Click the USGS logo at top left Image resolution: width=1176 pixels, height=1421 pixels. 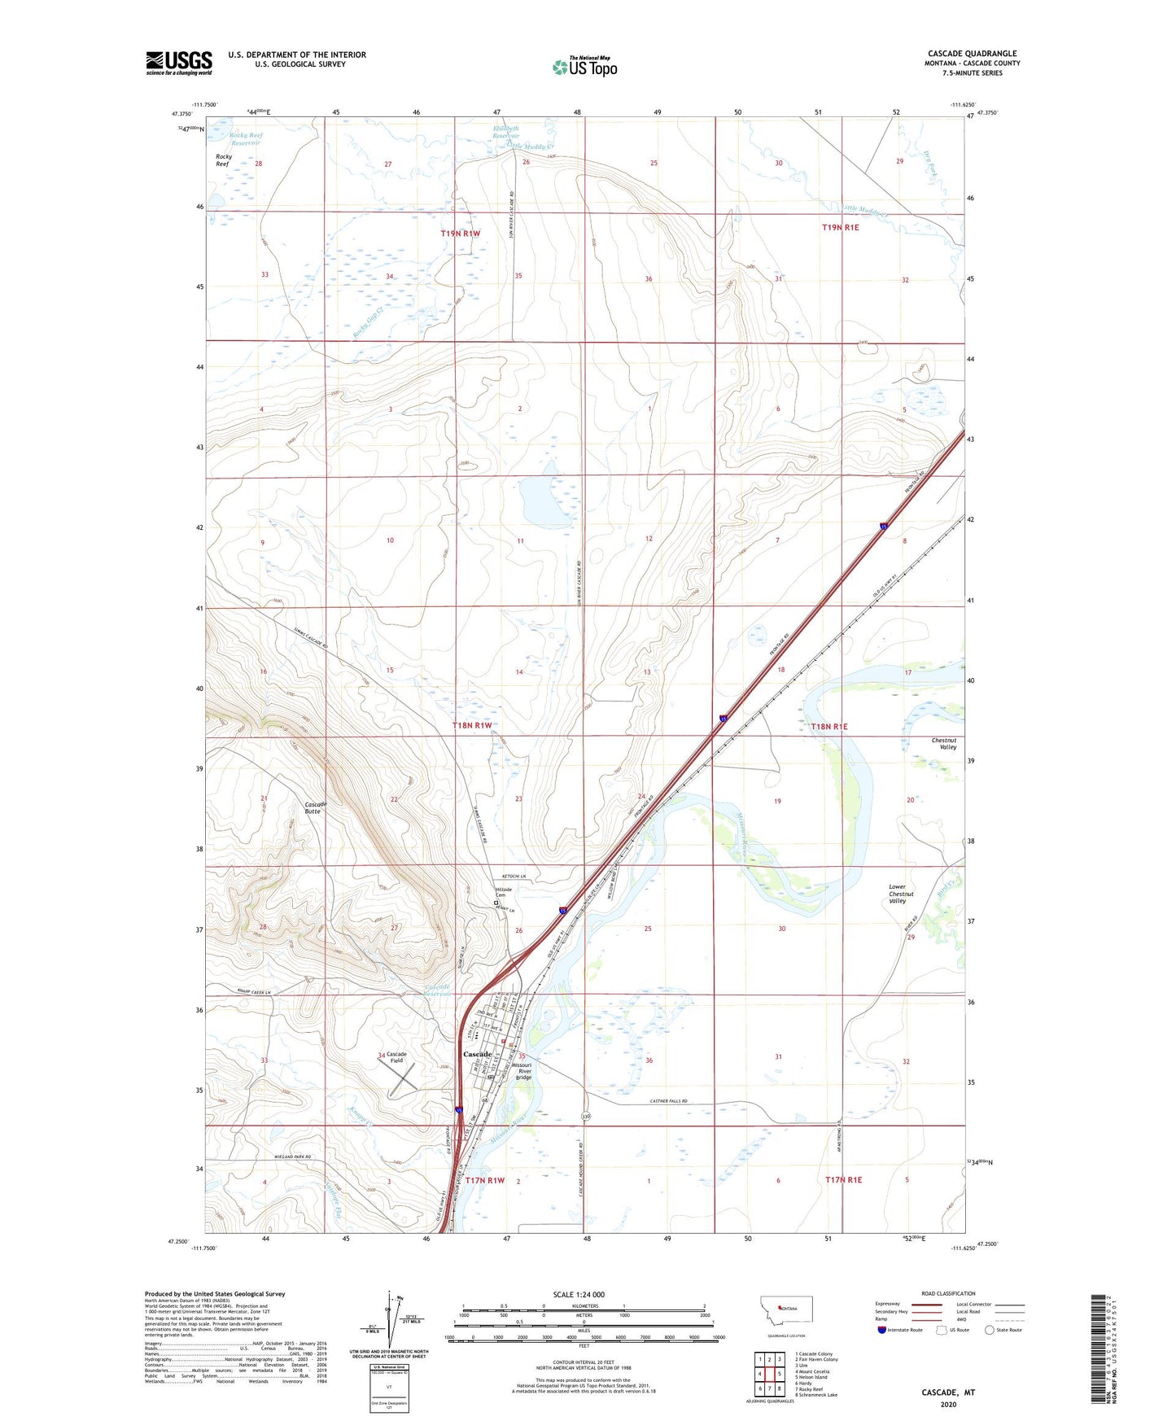179,63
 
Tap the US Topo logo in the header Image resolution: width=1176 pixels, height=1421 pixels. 584,67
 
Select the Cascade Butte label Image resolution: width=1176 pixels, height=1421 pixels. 316,807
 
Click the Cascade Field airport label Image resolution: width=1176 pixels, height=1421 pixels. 396,1057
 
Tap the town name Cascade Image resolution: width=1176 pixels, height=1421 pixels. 477,1054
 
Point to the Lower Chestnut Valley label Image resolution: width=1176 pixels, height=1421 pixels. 898,894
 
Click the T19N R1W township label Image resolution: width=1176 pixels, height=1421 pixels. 461,234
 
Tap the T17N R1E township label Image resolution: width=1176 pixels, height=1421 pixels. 843,1179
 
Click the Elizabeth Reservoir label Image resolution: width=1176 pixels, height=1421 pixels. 505,132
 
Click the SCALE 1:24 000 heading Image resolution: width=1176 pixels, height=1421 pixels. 579,1294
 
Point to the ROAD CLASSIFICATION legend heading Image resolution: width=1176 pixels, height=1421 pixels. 948,1293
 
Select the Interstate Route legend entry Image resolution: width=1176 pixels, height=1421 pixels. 899,1330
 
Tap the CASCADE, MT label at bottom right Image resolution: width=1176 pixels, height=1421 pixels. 947,1393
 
